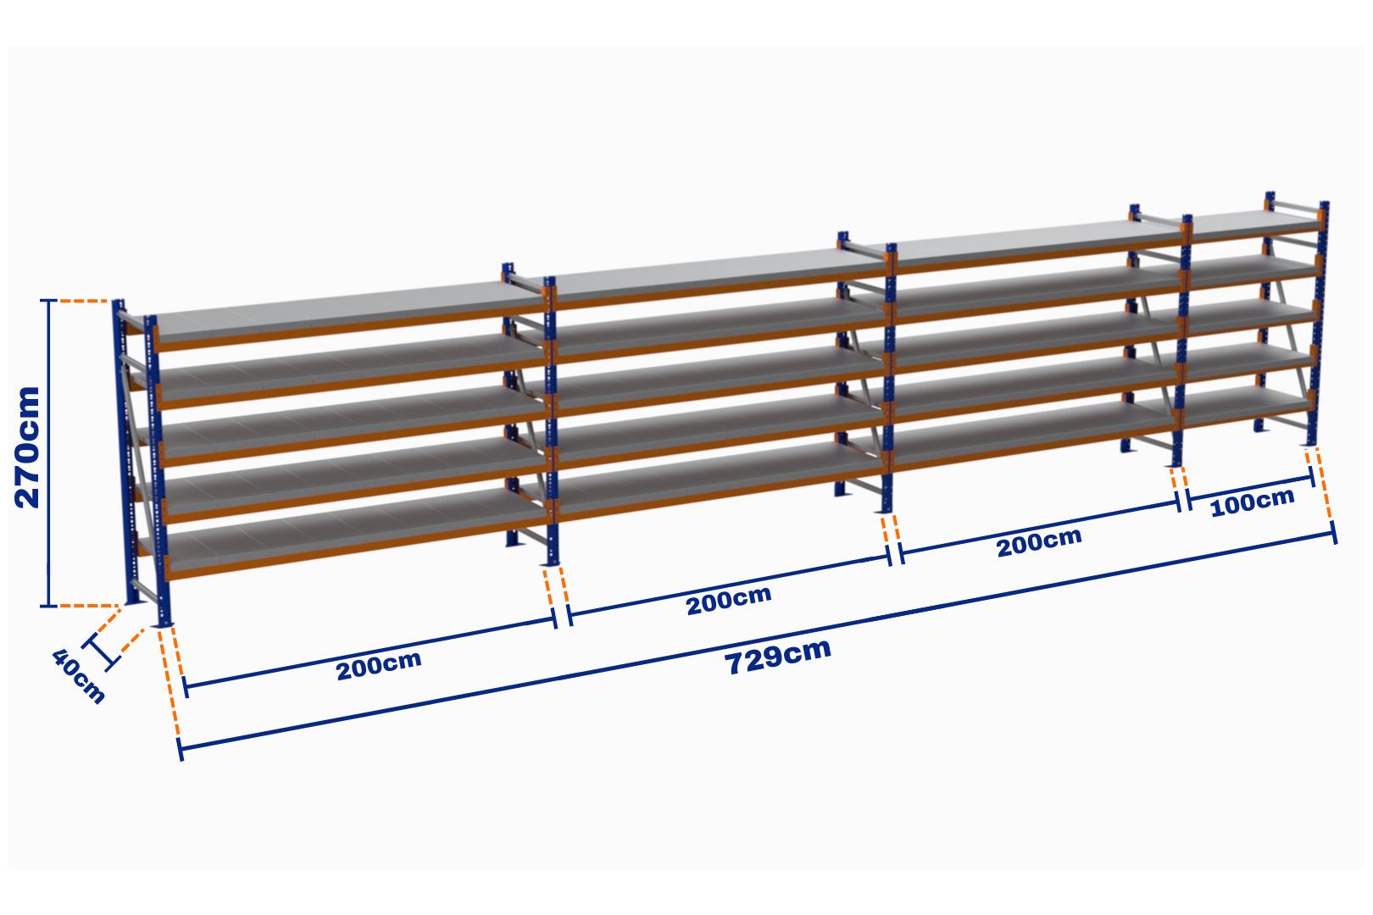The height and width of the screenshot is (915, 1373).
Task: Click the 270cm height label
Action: pos(28,447)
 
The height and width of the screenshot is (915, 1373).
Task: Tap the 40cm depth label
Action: pos(79,676)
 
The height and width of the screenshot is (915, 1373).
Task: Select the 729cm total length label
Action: pos(777,656)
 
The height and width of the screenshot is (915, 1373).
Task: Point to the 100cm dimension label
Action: pos(1253,502)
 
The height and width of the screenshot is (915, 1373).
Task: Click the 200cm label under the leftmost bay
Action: pos(379,665)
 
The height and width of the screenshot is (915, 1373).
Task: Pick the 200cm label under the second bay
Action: pos(728,600)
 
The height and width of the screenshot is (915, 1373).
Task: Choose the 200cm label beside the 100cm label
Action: pos(1039,542)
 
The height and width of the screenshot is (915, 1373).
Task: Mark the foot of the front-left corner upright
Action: pos(164,623)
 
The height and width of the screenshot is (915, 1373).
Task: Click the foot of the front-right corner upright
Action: pos(1312,444)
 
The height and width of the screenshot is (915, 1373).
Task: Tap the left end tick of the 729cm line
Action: pos(181,749)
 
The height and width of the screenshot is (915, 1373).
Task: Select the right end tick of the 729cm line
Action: pos(1334,532)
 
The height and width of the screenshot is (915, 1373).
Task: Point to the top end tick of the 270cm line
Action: pos(48,301)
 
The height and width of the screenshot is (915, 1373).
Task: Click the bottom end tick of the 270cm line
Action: pos(48,606)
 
